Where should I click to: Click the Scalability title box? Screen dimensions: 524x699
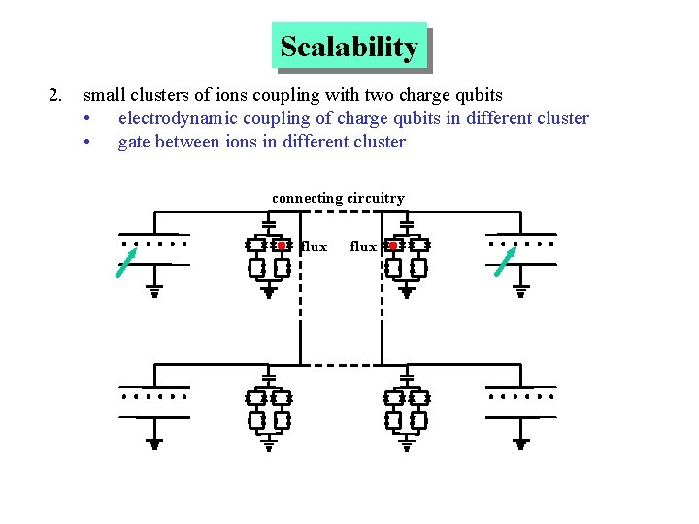click(349, 47)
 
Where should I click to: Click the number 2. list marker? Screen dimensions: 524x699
click(55, 95)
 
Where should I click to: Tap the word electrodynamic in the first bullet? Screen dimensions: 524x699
click(168, 118)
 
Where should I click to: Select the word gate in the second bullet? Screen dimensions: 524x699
click(135, 142)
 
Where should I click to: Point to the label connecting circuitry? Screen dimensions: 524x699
click(338, 198)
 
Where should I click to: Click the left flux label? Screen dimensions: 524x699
click(315, 246)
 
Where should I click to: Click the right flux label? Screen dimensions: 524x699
click(363, 246)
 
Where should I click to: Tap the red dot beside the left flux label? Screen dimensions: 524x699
click(282, 246)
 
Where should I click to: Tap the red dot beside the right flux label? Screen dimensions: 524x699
click(392, 246)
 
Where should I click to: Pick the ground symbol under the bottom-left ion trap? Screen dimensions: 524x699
click(154, 443)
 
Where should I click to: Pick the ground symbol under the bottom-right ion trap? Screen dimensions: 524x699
click(521, 443)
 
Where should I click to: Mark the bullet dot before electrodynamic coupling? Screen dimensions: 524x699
click(87, 118)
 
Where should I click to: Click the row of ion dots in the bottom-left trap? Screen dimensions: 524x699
click(153, 397)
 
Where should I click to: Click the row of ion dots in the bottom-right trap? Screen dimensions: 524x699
click(521, 397)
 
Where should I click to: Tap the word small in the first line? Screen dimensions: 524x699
click(102, 95)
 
